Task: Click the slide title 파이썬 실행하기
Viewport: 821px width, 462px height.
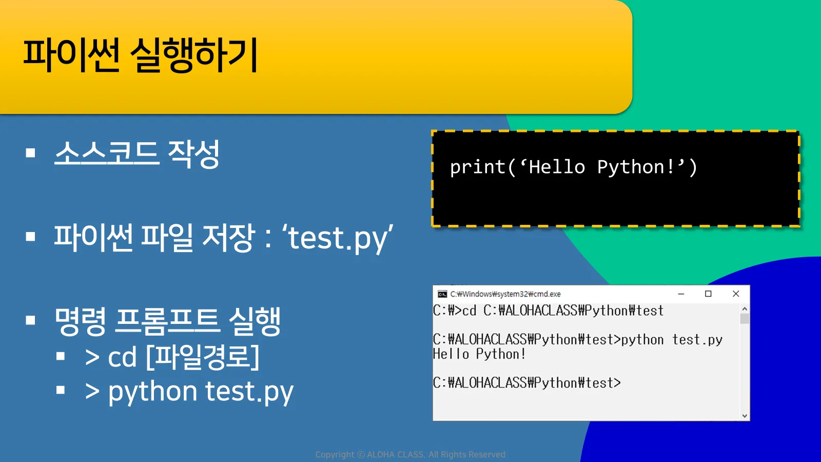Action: (x=141, y=55)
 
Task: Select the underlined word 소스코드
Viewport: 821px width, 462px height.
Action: (x=107, y=154)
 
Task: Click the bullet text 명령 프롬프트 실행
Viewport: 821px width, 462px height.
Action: (x=167, y=321)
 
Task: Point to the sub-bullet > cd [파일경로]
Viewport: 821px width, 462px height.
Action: (x=172, y=357)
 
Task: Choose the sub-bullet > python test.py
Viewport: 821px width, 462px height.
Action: (x=189, y=392)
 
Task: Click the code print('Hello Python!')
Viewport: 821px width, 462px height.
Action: (x=573, y=167)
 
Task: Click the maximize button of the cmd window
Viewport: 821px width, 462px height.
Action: (x=708, y=294)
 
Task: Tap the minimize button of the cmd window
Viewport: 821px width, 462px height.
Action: (x=681, y=294)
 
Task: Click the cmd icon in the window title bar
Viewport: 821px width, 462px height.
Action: (x=442, y=294)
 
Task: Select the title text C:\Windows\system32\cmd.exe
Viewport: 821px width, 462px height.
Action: (x=505, y=294)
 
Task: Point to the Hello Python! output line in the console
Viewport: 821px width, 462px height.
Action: (x=479, y=354)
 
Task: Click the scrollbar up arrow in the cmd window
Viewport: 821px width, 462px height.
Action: (x=745, y=309)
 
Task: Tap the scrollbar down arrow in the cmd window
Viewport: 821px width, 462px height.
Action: (x=745, y=416)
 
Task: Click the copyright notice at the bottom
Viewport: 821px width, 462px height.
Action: (x=410, y=455)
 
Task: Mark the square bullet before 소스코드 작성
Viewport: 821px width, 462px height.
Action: (x=30, y=153)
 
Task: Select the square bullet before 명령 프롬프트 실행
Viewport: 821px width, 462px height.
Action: (x=30, y=320)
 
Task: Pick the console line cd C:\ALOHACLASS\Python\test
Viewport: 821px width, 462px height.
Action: (x=562, y=311)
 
